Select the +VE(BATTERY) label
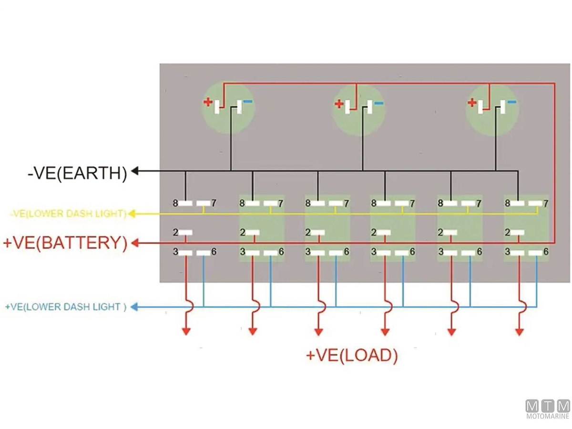click(x=65, y=243)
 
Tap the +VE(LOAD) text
click(x=352, y=356)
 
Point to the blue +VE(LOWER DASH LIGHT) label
click(x=66, y=307)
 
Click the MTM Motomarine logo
click(x=548, y=409)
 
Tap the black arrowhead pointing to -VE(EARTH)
click(x=135, y=171)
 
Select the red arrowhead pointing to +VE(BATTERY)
click(x=135, y=244)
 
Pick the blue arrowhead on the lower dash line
click(x=134, y=307)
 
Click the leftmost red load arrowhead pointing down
click(x=186, y=331)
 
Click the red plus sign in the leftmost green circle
click(x=208, y=102)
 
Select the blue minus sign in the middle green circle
click(x=378, y=102)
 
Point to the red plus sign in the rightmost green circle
click(x=472, y=102)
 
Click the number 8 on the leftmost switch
click(x=175, y=204)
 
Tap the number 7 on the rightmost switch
click(x=546, y=204)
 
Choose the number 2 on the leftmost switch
click(x=175, y=233)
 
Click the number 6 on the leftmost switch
click(x=214, y=252)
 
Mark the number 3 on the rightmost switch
click(x=508, y=252)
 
